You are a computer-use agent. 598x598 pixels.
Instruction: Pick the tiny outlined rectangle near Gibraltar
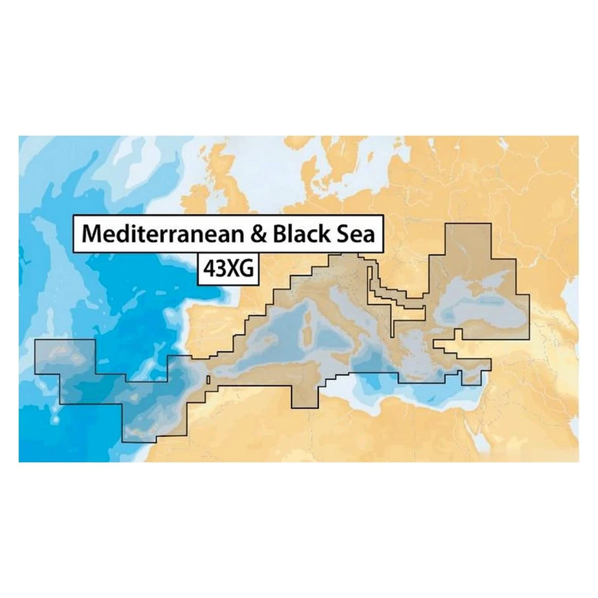coord(208,379)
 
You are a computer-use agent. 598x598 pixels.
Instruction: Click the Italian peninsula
coord(349,318)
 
